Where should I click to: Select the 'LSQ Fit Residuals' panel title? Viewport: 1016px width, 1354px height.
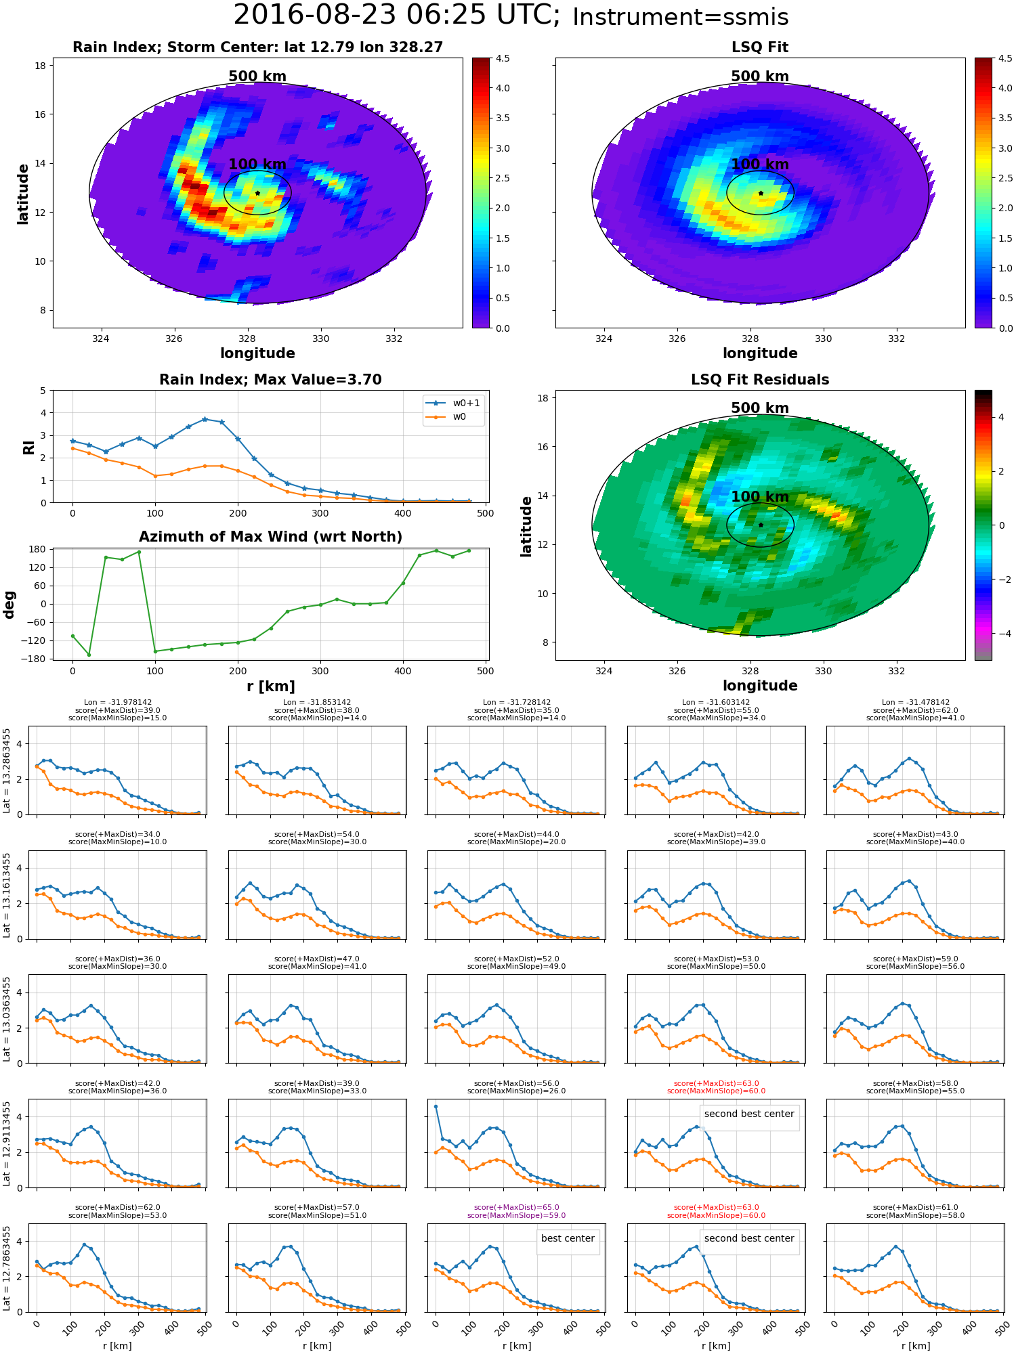click(760, 380)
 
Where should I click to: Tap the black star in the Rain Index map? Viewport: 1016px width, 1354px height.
click(257, 193)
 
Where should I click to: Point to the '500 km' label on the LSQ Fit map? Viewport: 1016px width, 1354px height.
click(760, 77)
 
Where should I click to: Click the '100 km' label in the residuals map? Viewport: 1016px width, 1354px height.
click(760, 496)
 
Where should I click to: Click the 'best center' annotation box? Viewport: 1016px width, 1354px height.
click(568, 1239)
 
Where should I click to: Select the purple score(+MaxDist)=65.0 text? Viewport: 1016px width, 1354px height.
click(516, 1207)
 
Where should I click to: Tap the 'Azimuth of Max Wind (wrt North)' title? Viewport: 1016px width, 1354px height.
click(270, 537)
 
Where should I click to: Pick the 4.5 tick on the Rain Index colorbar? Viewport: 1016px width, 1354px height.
click(503, 58)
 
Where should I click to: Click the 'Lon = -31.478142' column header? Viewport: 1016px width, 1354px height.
click(916, 702)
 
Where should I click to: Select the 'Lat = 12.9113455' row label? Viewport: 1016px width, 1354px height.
click(7, 1143)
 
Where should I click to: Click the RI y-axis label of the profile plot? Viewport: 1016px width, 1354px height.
click(28, 447)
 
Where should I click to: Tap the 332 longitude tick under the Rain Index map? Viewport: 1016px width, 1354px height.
click(394, 338)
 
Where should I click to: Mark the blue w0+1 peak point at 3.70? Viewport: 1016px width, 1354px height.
click(205, 419)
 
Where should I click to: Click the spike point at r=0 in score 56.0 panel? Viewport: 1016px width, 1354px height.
click(436, 1106)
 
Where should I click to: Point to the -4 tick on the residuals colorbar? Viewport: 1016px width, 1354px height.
click(1001, 634)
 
